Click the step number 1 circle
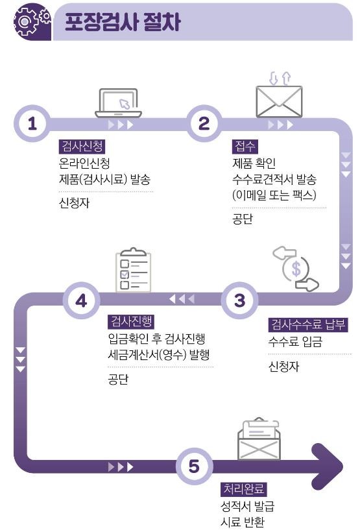coord(32,123)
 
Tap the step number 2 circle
coord(204,123)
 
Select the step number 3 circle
coord(239,300)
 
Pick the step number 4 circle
coord(81,300)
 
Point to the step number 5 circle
coord(194,466)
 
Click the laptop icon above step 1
coord(119,103)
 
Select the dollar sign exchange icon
coord(296,269)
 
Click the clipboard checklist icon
coord(133,270)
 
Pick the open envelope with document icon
coord(259,439)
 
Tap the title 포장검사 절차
coord(122,23)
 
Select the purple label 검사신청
coord(82,147)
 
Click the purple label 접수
coord(245,147)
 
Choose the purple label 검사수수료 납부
coord(307,324)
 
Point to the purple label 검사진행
coord(131,321)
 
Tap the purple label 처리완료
coord(244,489)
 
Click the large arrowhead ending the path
coord(327,466)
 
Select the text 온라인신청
coord(84,163)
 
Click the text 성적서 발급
coord(247,506)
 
